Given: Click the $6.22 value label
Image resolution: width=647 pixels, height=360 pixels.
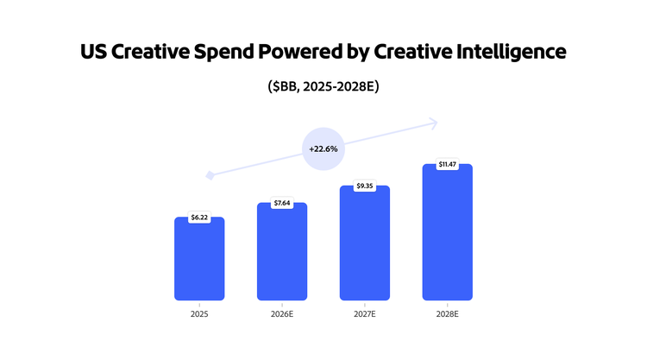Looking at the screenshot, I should click(x=199, y=218).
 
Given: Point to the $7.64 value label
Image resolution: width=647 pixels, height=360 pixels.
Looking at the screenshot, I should click(x=282, y=203).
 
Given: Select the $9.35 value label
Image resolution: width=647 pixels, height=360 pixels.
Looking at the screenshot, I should click(x=365, y=186).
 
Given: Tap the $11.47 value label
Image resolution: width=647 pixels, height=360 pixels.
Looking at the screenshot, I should click(x=447, y=164).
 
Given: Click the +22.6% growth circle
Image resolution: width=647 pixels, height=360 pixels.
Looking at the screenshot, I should click(x=323, y=148).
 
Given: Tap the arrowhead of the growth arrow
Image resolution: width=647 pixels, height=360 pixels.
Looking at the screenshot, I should click(x=434, y=123).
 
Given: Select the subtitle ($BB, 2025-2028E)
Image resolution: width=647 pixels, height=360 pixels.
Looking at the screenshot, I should click(x=323, y=87).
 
